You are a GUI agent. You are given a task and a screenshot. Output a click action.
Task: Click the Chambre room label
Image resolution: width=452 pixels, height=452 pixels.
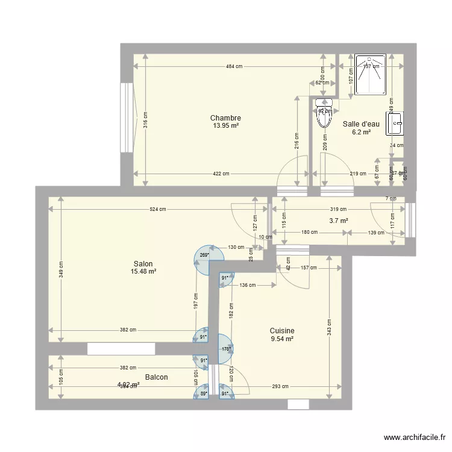pyautogui.click(x=225, y=118)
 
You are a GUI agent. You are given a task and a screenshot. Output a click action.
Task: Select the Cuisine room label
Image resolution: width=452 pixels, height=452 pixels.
pyautogui.click(x=281, y=331)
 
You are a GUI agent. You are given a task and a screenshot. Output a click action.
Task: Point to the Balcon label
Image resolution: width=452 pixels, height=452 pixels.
pyautogui.click(x=155, y=377)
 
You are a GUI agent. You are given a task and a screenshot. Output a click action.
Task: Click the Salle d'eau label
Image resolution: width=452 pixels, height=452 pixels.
pyautogui.click(x=360, y=124)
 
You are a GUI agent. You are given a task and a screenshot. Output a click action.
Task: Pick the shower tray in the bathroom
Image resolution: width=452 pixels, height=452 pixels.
pyautogui.click(x=370, y=75)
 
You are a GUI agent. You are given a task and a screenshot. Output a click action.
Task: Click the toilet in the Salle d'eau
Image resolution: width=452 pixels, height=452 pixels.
pyautogui.click(x=324, y=113)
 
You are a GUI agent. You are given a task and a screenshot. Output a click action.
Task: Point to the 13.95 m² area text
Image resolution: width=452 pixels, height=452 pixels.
pyautogui.click(x=225, y=126)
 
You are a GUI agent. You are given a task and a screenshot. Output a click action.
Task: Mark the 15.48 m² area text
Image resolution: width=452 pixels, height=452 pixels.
pyautogui.click(x=143, y=272)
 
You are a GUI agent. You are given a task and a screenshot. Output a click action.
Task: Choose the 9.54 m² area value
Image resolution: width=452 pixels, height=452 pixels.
pyautogui.click(x=281, y=339)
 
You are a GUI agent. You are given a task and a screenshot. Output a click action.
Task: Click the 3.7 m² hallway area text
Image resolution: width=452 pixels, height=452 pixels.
pyautogui.click(x=339, y=221)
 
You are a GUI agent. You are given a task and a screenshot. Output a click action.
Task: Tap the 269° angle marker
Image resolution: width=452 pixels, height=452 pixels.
pyautogui.click(x=204, y=255)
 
